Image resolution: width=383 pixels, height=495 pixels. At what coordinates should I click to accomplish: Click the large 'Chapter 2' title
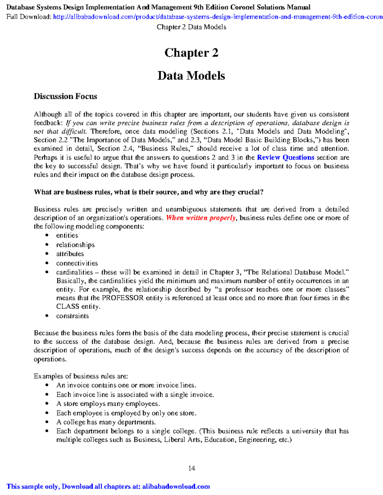(x=191, y=53)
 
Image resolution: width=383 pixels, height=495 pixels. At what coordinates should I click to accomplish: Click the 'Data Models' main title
(x=191, y=76)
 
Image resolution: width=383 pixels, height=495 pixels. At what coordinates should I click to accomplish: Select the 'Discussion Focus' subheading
(x=65, y=96)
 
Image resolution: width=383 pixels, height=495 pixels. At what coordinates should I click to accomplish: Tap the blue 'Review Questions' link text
(x=285, y=157)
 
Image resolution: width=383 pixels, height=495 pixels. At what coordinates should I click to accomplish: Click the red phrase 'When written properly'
(x=201, y=218)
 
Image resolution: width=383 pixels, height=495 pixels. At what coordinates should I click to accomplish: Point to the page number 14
(x=191, y=468)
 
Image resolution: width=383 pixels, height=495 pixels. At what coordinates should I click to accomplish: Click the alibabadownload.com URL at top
(x=217, y=17)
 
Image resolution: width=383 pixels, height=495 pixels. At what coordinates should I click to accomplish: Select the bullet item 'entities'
(x=67, y=236)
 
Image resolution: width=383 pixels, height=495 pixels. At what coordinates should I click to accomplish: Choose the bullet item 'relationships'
(x=75, y=245)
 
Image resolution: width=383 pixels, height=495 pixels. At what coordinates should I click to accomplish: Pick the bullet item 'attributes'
(x=70, y=254)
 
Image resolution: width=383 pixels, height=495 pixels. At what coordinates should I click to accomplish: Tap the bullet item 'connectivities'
(x=77, y=263)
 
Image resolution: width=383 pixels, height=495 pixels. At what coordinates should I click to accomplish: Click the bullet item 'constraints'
(x=72, y=316)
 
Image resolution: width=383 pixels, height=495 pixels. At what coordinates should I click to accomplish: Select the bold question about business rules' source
(x=148, y=192)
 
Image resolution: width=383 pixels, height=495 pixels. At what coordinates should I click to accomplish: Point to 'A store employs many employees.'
(x=108, y=404)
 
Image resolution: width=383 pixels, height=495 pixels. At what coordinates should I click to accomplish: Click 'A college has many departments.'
(x=106, y=422)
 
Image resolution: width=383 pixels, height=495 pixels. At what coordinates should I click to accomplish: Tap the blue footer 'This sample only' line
(x=108, y=487)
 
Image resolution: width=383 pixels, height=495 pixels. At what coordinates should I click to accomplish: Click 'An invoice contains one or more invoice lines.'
(x=126, y=385)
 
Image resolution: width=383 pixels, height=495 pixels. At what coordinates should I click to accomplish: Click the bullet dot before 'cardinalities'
(x=47, y=273)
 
